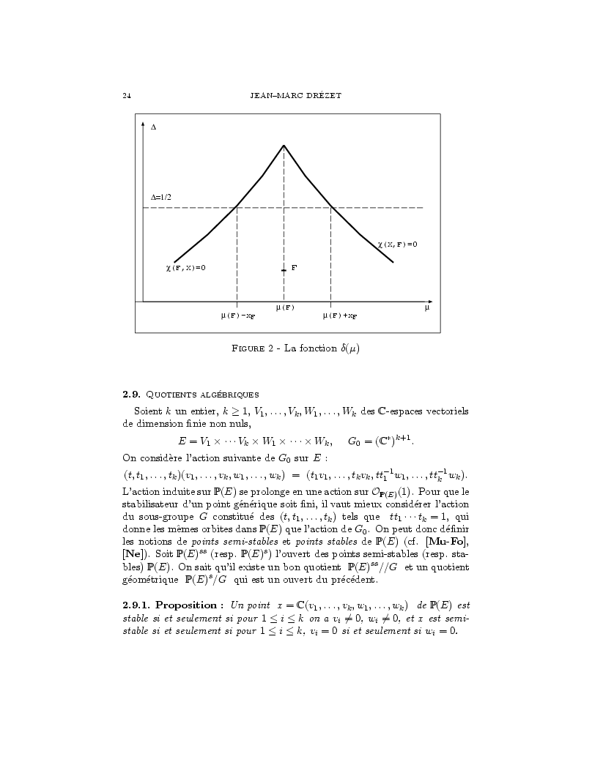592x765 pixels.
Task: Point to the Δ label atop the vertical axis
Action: click(153, 127)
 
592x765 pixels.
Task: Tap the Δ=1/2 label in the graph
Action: click(161, 198)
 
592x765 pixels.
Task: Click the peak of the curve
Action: click(284, 146)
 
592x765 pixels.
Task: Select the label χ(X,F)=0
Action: click(397, 244)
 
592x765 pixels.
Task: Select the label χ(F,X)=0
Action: click(185, 268)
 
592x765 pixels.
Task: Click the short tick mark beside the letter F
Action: click(284, 270)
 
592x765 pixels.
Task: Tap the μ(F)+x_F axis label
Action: click(340, 316)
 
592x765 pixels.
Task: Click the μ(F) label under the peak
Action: click(285, 307)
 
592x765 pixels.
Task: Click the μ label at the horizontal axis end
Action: click(426, 308)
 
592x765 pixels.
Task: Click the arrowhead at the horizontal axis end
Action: click(430, 301)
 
